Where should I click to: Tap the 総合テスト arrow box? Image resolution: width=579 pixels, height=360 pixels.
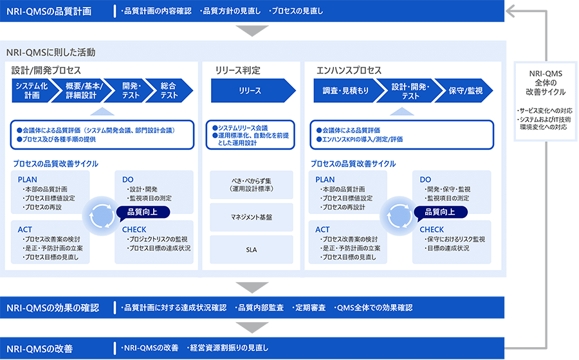click(169, 91)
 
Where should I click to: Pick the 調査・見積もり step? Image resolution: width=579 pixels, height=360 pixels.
click(345, 91)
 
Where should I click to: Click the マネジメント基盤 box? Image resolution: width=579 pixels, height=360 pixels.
click(251, 217)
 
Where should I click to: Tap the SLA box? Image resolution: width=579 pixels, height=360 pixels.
click(251, 249)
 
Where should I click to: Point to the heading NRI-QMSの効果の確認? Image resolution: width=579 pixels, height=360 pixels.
click(53, 308)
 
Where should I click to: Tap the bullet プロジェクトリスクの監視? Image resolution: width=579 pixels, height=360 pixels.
click(158, 239)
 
